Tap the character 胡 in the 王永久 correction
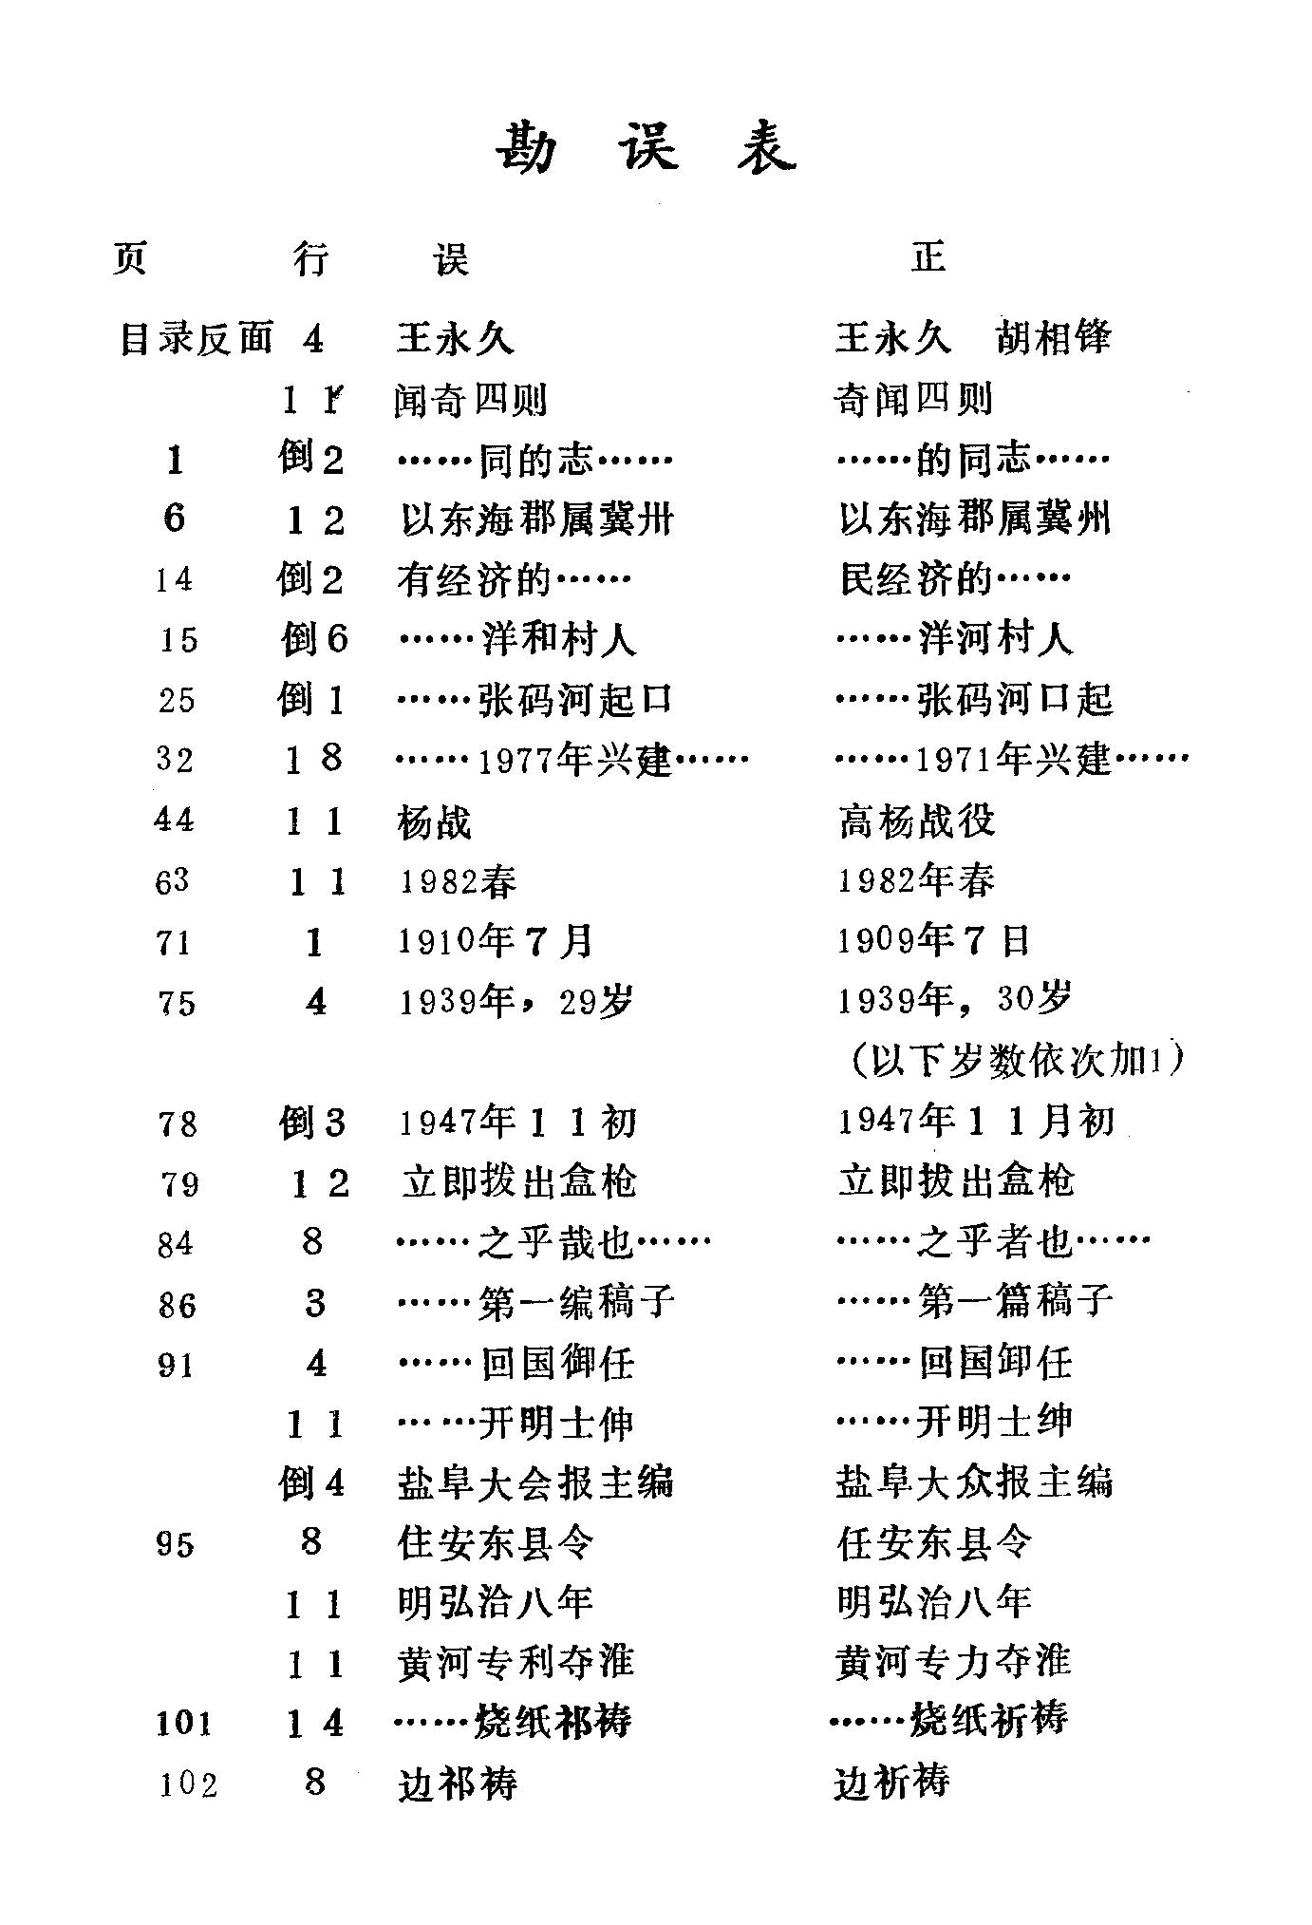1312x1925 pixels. click(x=1014, y=338)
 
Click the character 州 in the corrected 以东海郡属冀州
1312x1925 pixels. click(x=1092, y=519)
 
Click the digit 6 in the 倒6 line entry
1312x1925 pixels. click(x=336, y=639)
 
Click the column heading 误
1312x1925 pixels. click(x=452, y=257)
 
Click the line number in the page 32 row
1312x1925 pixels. click(x=314, y=760)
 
